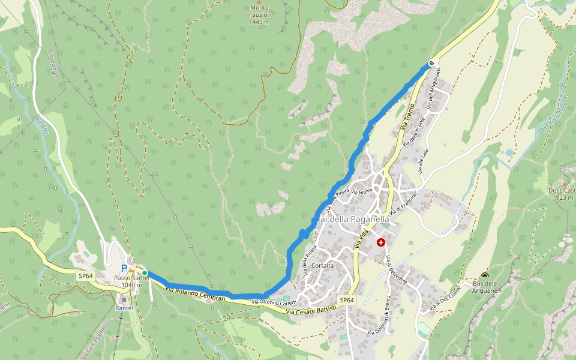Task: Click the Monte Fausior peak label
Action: pyautogui.click(x=260, y=15)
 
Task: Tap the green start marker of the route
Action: pyautogui.click(x=145, y=273)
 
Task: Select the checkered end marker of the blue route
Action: pyautogui.click(x=431, y=63)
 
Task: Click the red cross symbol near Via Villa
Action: pyautogui.click(x=381, y=242)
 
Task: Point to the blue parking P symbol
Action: pyautogui.click(x=124, y=268)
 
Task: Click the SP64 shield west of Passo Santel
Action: pyautogui.click(x=85, y=276)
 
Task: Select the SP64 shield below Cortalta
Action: pyautogui.click(x=347, y=300)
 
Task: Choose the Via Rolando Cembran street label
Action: pyautogui.click(x=195, y=294)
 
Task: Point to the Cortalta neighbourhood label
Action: pyautogui.click(x=322, y=266)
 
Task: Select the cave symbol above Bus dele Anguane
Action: pyautogui.click(x=485, y=276)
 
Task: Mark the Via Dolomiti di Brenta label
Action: pyautogui.click(x=380, y=314)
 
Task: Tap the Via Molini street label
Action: pyautogui.click(x=362, y=191)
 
